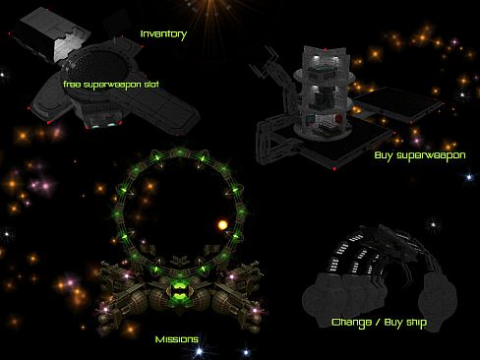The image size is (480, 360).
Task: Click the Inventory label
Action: (x=163, y=34)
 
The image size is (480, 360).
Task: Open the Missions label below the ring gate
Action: (x=176, y=339)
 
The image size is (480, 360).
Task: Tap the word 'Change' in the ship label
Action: (x=351, y=322)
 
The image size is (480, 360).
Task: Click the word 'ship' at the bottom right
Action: (x=415, y=322)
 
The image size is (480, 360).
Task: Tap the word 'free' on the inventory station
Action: (x=72, y=84)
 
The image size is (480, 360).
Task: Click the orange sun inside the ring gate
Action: (x=222, y=225)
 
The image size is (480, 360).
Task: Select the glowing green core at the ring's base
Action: (x=179, y=288)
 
